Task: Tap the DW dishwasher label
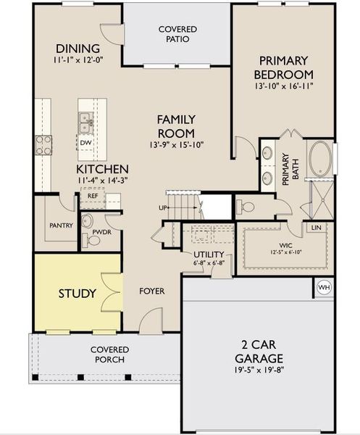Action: click(x=85, y=142)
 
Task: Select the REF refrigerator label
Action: click(x=93, y=195)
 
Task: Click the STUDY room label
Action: click(x=77, y=294)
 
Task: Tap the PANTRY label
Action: click(x=61, y=225)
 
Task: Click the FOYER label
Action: click(x=151, y=291)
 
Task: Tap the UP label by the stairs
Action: click(x=164, y=209)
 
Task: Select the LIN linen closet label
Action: click(x=316, y=228)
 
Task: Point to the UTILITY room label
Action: click(x=209, y=254)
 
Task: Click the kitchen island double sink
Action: click(x=85, y=120)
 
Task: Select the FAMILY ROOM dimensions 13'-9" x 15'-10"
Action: click(x=176, y=144)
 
